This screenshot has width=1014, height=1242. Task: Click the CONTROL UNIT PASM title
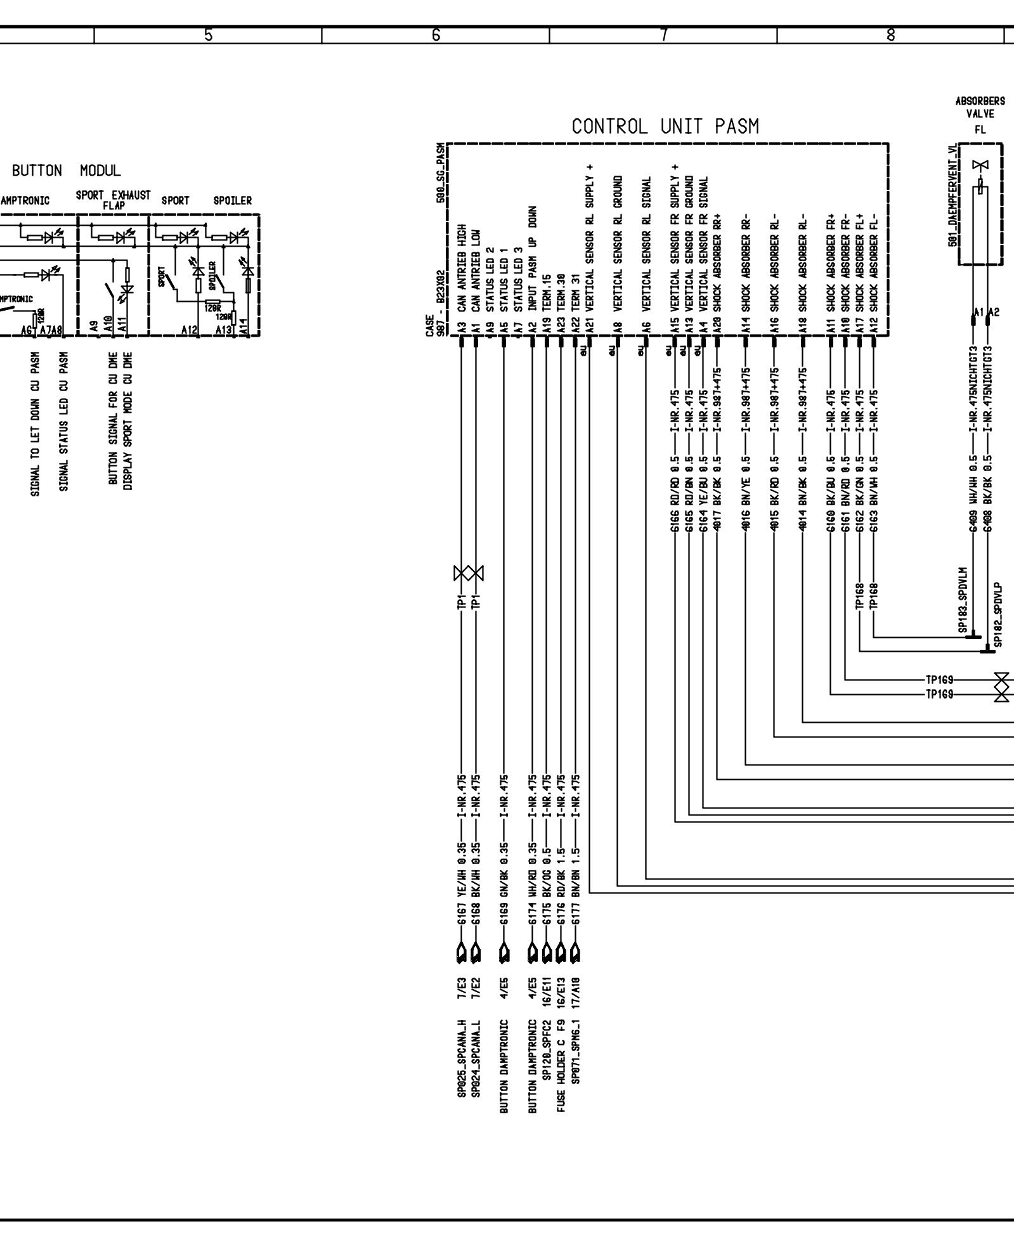tap(665, 127)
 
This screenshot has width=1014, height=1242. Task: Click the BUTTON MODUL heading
tap(66, 171)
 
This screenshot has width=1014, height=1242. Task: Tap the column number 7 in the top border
tap(663, 36)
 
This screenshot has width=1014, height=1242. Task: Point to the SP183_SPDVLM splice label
tap(962, 600)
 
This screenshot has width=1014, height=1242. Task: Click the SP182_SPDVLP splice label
tap(998, 615)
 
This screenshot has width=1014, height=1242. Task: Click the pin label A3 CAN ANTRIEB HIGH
tap(462, 279)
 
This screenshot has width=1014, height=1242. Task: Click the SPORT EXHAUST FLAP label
tap(113, 199)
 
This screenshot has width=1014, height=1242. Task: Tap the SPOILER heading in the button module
tap(232, 201)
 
